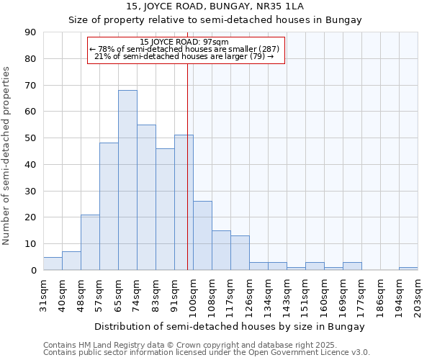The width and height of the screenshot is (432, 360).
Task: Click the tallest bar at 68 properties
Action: click(x=127, y=180)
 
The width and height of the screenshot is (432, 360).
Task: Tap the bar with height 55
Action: click(x=146, y=197)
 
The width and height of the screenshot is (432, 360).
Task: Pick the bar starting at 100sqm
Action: click(x=202, y=235)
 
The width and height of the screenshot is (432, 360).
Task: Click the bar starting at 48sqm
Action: click(x=90, y=242)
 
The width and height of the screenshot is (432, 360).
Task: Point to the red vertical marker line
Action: click(x=187, y=166)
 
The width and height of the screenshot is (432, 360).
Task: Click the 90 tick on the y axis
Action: click(x=32, y=32)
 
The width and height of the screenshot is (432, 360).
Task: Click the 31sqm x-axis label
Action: click(x=44, y=295)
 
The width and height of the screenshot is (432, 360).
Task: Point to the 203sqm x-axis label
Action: click(x=418, y=295)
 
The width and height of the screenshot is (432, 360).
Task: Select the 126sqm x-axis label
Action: click(x=250, y=295)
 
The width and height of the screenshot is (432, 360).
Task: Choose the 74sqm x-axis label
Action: click(x=138, y=295)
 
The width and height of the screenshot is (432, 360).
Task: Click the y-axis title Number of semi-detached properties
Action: click(x=7, y=155)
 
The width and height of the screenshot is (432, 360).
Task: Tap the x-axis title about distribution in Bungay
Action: click(x=230, y=326)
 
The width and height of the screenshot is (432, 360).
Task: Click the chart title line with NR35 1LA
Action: click(x=215, y=6)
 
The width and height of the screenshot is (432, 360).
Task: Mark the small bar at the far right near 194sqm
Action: click(x=408, y=269)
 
